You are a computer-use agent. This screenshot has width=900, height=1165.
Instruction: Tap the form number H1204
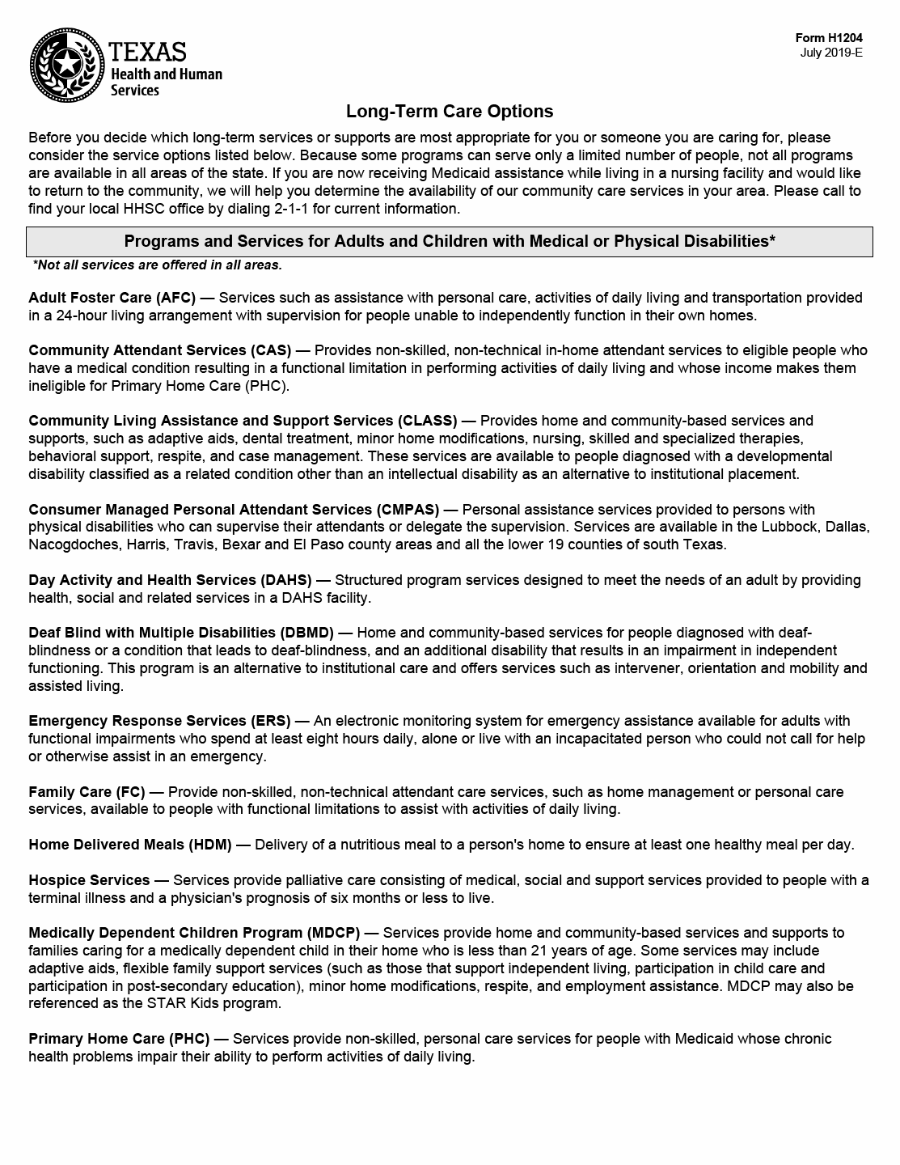pos(829,38)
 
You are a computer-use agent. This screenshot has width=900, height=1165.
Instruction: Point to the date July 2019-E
pos(831,53)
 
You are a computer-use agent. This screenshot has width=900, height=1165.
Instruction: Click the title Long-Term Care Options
pos(450,111)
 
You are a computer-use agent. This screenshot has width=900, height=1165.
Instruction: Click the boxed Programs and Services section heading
pos(450,241)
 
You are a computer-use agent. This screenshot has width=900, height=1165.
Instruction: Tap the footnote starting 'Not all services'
pos(157,265)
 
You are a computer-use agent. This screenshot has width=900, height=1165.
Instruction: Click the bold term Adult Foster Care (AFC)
pos(112,298)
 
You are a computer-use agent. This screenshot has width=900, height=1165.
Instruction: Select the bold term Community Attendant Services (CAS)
pos(159,350)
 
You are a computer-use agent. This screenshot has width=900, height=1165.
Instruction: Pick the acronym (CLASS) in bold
pos(427,421)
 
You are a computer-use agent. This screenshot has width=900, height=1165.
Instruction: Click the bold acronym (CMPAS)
pos(407,510)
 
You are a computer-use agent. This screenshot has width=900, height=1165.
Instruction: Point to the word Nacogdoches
pos(74,544)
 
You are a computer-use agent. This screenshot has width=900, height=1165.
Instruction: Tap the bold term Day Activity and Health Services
pos(142,580)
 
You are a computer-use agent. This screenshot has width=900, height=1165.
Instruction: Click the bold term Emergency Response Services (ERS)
pos(158,721)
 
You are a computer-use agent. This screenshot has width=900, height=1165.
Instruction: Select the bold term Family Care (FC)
pos(86,792)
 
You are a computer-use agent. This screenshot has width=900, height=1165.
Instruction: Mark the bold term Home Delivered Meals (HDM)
pos(129,845)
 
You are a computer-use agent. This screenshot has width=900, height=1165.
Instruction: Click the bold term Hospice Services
pos(89,880)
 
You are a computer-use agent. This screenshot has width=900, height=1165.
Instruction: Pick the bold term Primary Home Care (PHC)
pos(119,1039)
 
